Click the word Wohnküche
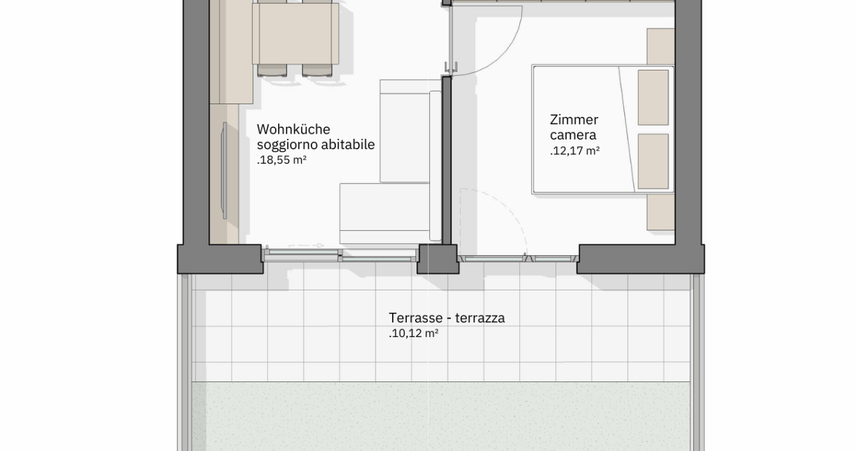(294, 129)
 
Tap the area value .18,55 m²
(281, 160)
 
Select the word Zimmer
(574, 120)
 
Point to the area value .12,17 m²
(575, 151)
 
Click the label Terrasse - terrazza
(447, 318)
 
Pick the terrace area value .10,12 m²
(414, 333)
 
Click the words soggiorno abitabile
(316, 145)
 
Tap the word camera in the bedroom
(573, 135)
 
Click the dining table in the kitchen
(295, 34)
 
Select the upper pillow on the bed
(653, 97)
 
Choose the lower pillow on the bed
(653, 161)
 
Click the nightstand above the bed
(661, 46)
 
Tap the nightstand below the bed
(661, 212)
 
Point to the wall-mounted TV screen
(224, 171)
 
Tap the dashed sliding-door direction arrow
(306, 246)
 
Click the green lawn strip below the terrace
(441, 416)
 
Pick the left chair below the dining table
(272, 70)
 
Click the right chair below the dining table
(317, 70)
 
